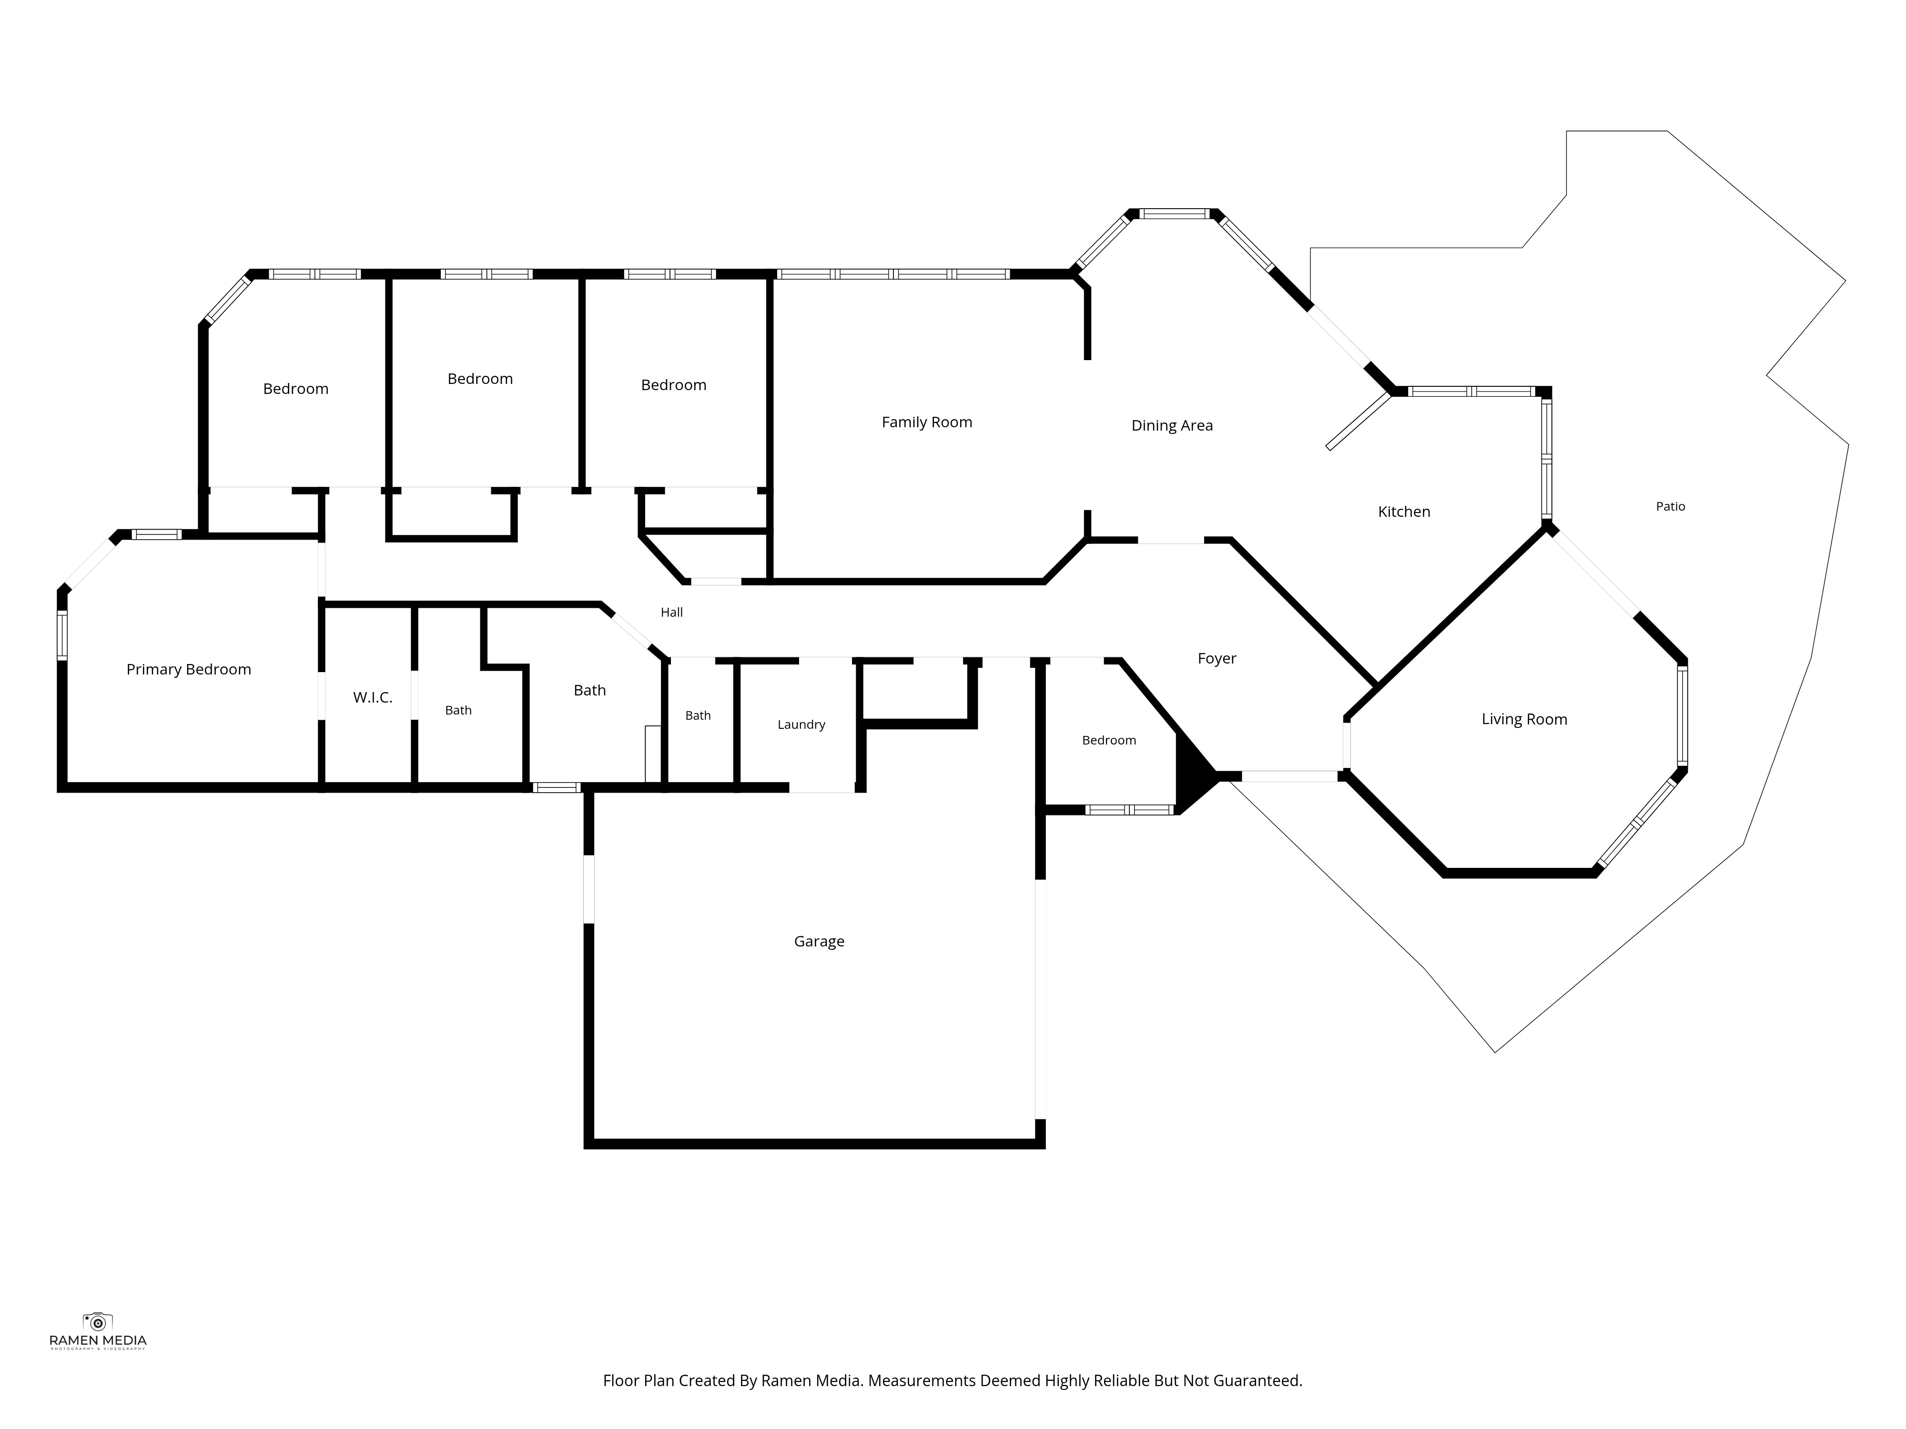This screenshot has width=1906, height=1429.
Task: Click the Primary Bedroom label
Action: coord(189,669)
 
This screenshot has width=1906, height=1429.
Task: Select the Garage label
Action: coord(819,941)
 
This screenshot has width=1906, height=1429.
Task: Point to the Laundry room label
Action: coord(801,725)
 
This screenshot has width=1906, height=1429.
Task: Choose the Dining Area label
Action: coord(1172,425)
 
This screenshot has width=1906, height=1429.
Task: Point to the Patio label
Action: coord(1670,506)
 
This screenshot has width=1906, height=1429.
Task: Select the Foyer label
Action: coord(1217,659)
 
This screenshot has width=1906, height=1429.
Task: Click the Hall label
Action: coord(671,613)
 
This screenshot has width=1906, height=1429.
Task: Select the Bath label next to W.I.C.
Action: coord(458,711)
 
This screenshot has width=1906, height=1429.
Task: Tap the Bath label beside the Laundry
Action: coord(698,716)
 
